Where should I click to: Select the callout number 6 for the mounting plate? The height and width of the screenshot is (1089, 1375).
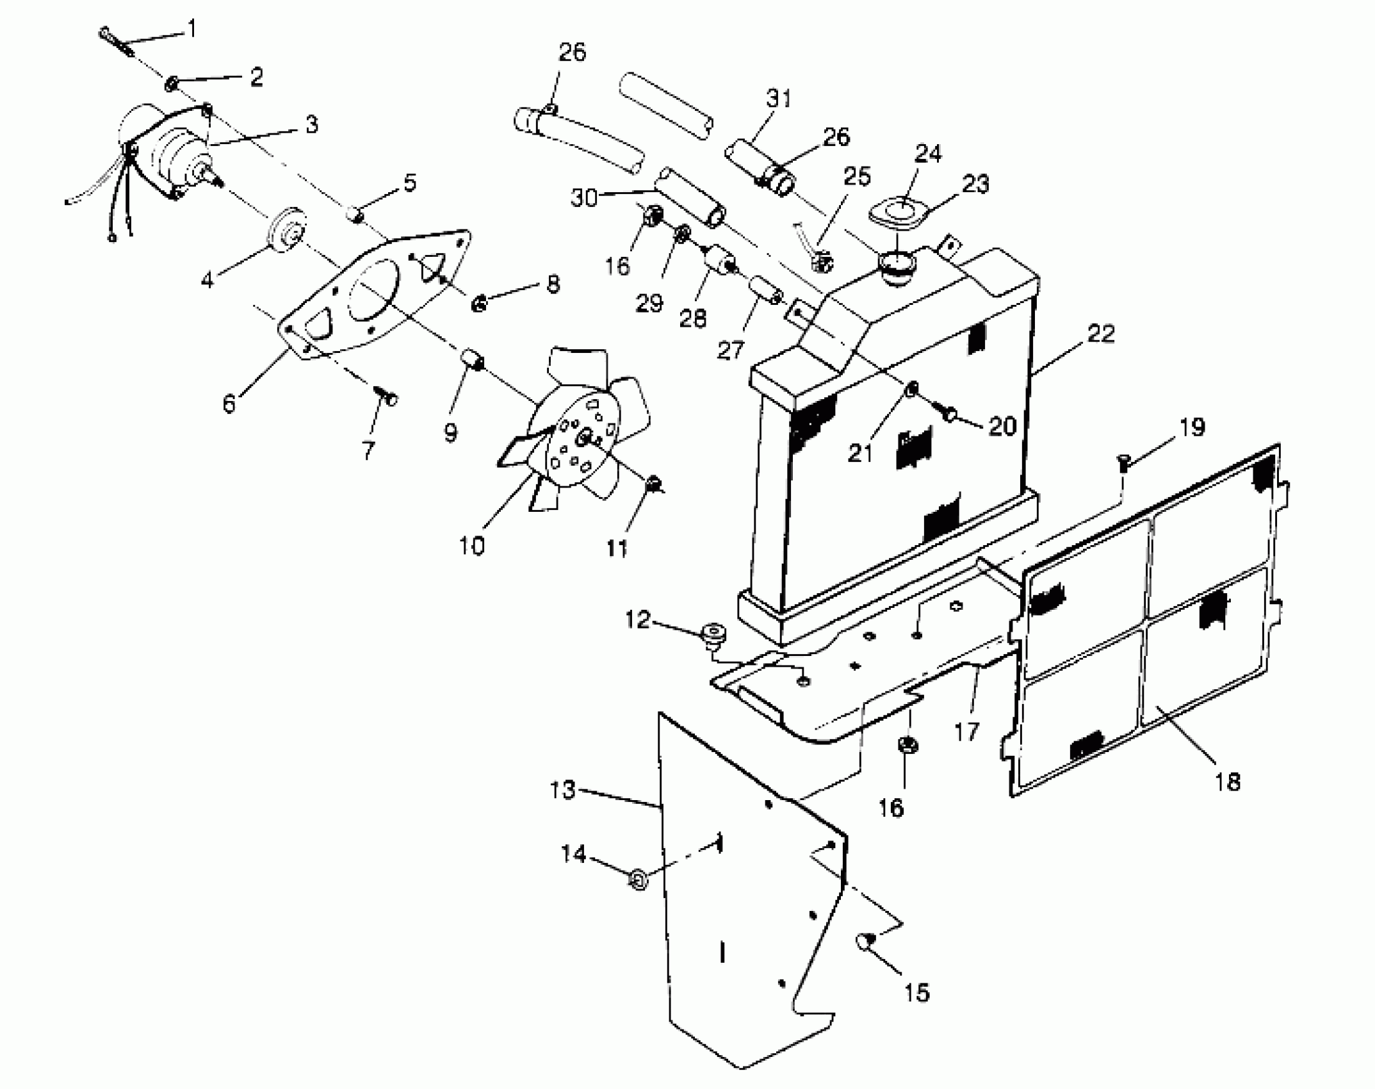(229, 404)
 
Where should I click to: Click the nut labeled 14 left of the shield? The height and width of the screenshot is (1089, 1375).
(638, 880)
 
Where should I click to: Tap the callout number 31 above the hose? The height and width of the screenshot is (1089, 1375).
(778, 99)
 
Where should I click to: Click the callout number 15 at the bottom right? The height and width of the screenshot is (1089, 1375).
(917, 993)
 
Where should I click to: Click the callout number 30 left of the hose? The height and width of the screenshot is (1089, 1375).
(584, 198)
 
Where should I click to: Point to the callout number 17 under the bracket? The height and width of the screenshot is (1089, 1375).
(967, 731)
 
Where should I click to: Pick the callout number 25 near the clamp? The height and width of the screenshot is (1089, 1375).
(857, 177)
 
